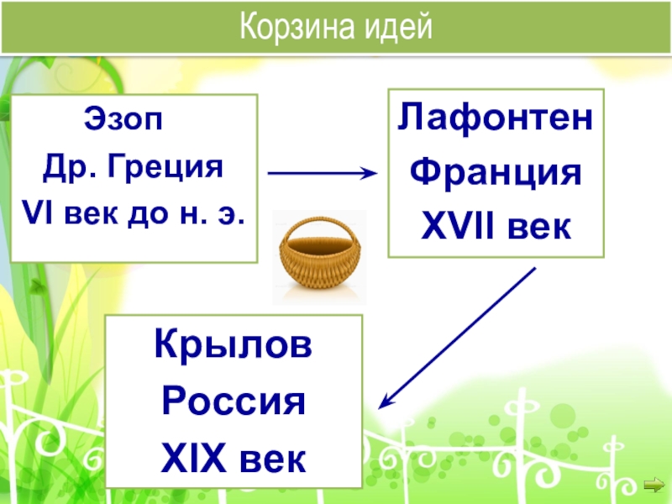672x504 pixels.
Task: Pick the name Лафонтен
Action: click(x=494, y=118)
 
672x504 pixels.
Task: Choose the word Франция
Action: click(x=494, y=172)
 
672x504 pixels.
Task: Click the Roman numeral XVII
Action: click(x=454, y=225)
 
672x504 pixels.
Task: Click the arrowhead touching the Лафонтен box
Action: click(x=371, y=173)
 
